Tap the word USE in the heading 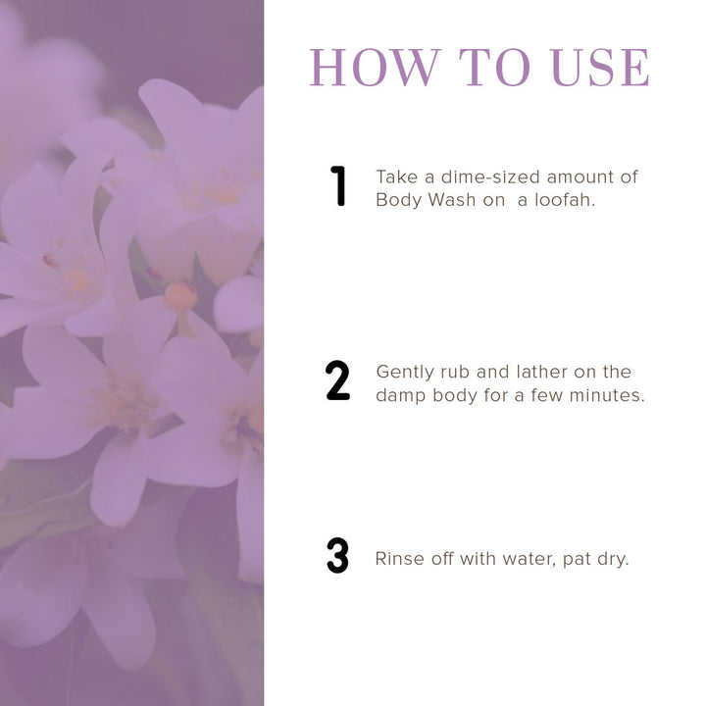tap(600, 67)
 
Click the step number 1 tap(338, 186)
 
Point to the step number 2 tap(337, 381)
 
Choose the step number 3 tap(337, 557)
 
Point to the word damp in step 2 tap(398, 396)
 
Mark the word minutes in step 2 tap(609, 396)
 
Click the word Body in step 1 tap(397, 200)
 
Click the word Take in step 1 tap(395, 176)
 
